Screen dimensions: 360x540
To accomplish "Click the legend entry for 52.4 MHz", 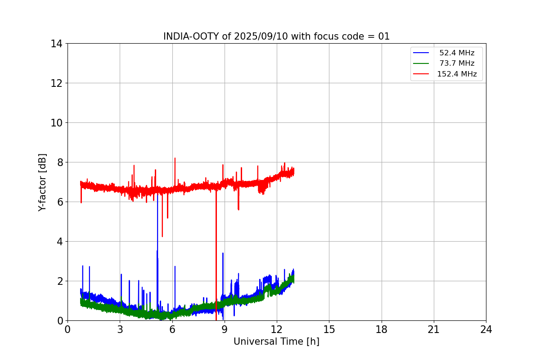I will pyautogui.click(x=456, y=53).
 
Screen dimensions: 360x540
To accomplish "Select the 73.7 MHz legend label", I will pyautogui.click(x=456, y=63).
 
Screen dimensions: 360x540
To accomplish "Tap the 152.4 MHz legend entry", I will pyautogui.click(x=456, y=74).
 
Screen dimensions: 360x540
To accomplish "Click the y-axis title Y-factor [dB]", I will pyautogui.click(x=42, y=182).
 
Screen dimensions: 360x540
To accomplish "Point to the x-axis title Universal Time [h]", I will pyautogui.click(x=276, y=342).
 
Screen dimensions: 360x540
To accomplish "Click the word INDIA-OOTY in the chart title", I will pyautogui.click(x=191, y=36).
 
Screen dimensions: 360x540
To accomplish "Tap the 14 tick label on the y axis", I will pyautogui.click(x=57, y=44).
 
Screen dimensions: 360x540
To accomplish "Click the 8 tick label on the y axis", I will pyautogui.click(x=59, y=162).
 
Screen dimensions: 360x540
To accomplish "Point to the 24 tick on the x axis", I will pyautogui.click(x=486, y=329).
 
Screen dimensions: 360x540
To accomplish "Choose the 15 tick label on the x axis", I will pyautogui.click(x=329, y=329).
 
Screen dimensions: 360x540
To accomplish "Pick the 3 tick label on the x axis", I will pyautogui.click(x=120, y=329).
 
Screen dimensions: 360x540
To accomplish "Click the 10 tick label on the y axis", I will pyautogui.click(x=57, y=123).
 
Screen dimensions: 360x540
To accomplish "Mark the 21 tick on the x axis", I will pyautogui.click(x=434, y=329).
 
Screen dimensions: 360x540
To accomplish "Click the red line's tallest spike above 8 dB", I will pyautogui.click(x=175, y=159).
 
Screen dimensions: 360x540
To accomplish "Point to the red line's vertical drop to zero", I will pyautogui.click(x=216, y=270).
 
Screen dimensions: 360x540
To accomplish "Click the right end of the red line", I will pyautogui.click(x=293, y=171).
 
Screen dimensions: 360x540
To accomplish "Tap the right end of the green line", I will pyautogui.click(x=293, y=279).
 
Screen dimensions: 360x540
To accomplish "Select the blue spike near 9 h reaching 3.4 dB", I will pyautogui.click(x=223, y=254).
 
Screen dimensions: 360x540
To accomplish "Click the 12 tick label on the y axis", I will pyautogui.click(x=57, y=83).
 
